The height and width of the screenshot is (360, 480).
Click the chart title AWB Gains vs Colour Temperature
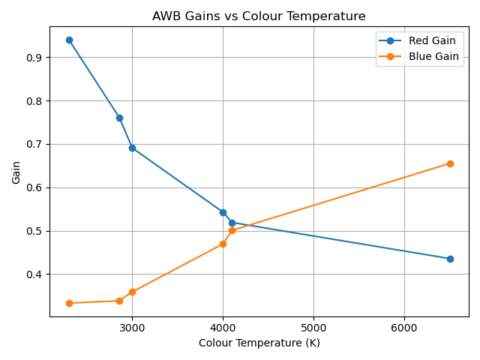[259, 16]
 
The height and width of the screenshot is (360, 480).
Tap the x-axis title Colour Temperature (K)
[259, 343]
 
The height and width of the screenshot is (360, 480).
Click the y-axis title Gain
[16, 172]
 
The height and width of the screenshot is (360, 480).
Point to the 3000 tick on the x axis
[132, 327]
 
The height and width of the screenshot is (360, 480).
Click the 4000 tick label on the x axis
[223, 327]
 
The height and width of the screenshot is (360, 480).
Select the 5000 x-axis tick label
[313, 327]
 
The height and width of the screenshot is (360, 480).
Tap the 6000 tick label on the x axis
[404, 327]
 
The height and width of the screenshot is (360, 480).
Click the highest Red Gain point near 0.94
[69, 40]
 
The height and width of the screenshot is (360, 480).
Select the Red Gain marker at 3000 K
[132, 148]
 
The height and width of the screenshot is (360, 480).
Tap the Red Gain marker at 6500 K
[450, 259]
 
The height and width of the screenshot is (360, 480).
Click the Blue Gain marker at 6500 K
[450, 163]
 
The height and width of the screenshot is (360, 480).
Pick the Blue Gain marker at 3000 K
[132, 292]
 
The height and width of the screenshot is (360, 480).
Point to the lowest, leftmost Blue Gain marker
[69, 303]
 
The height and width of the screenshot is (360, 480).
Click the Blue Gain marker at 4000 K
[223, 244]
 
